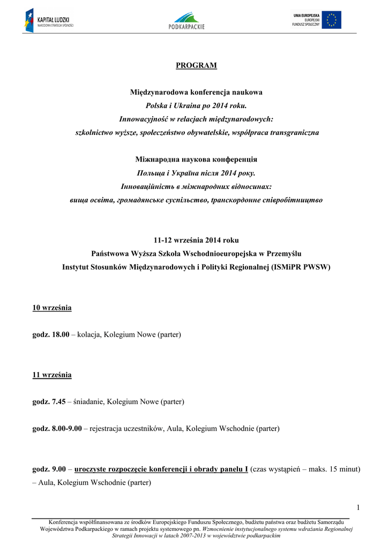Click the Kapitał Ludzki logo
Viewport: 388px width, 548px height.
pyautogui.click(x=49, y=20)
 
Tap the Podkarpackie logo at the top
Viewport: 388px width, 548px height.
pyautogui.click(x=186, y=20)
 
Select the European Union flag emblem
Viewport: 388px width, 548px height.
pyautogui.click(x=331, y=20)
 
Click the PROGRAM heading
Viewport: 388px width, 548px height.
pyautogui.click(x=197, y=65)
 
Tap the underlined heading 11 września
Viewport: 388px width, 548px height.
pyautogui.click(x=52, y=375)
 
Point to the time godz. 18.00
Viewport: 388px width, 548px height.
pyautogui.click(x=51, y=334)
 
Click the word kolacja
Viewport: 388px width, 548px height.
pyautogui.click(x=89, y=334)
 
